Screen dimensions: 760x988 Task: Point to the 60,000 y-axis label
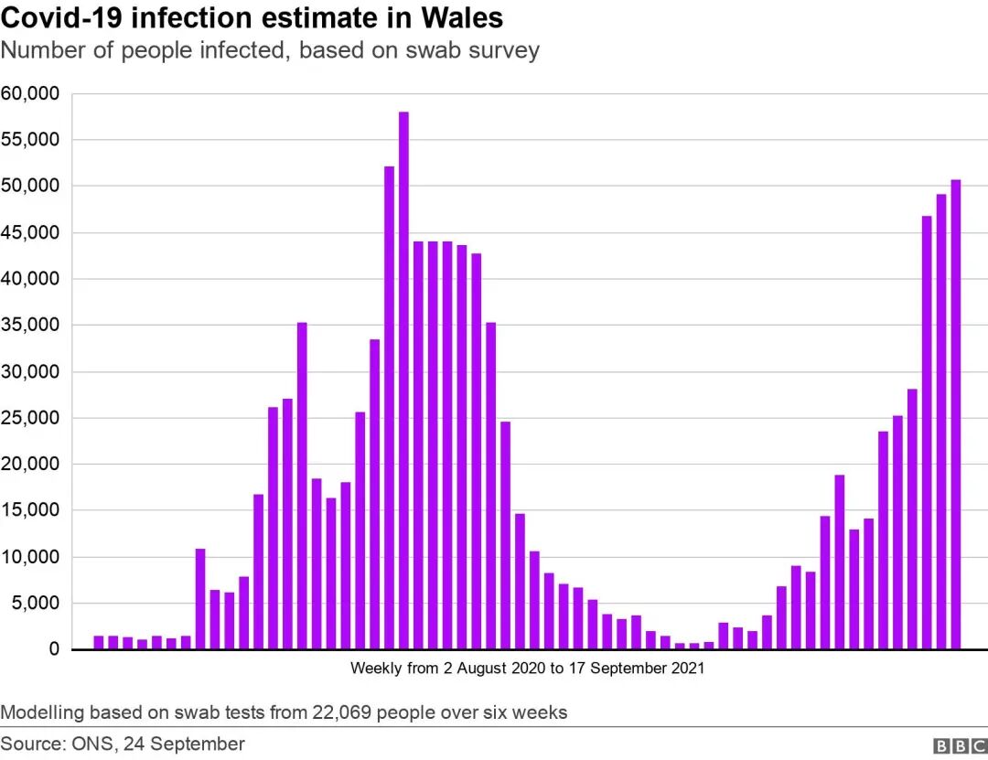pos(30,93)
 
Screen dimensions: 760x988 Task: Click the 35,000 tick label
pos(30,326)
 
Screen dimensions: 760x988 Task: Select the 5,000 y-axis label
pos(35,604)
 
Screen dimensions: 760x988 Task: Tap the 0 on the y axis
pos(54,650)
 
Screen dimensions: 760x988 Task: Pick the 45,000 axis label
pos(30,232)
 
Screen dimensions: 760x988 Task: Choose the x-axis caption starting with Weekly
pos(527,669)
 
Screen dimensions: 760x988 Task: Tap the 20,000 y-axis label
pos(30,465)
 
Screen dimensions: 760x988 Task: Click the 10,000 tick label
pos(30,557)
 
